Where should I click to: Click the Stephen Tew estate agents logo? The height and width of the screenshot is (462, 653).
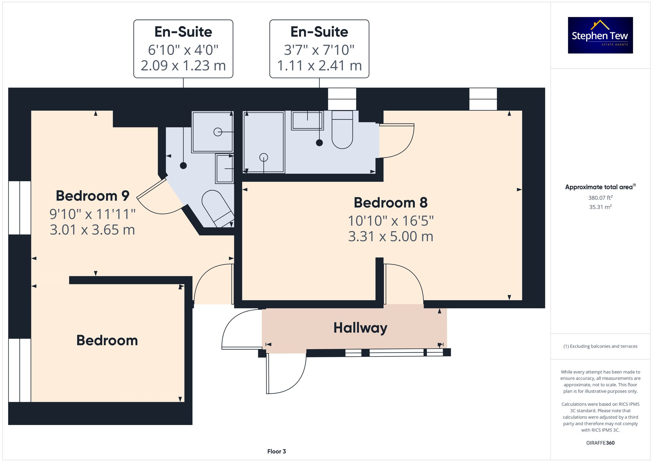[x=600, y=35]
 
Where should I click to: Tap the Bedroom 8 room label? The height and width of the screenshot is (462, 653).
[x=390, y=203]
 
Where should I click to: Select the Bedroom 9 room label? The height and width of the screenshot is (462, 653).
[x=92, y=196]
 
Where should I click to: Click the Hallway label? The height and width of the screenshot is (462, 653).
[x=360, y=328]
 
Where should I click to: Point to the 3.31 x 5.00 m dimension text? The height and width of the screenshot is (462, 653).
[x=390, y=237]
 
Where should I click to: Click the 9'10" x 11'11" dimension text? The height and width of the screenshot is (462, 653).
[x=92, y=215]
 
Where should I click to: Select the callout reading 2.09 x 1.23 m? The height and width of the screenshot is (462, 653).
[x=183, y=66]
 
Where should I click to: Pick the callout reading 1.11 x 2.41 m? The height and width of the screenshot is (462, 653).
[x=319, y=66]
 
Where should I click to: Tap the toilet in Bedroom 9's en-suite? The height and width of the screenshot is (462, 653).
[x=217, y=207]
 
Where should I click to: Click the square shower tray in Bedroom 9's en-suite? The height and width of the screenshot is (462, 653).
[x=212, y=132]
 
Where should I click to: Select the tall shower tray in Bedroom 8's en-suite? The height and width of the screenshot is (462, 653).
[x=264, y=142]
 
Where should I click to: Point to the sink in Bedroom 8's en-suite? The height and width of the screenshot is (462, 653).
[x=307, y=120]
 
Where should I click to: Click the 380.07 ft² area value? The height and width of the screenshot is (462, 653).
[x=600, y=198]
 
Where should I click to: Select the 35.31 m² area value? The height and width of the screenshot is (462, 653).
[x=600, y=207]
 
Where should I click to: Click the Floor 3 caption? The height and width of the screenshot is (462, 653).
[x=277, y=452]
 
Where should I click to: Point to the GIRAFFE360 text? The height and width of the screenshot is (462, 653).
[x=600, y=443]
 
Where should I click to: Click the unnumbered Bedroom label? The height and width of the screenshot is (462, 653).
[x=107, y=341]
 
